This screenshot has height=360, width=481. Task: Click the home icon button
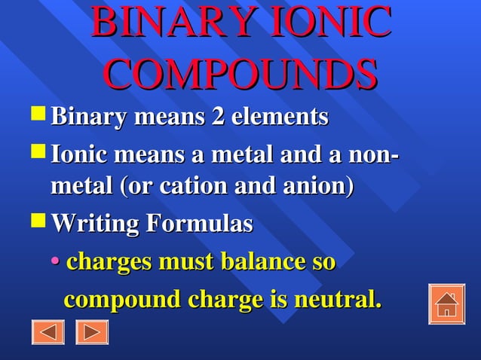tap(446, 304)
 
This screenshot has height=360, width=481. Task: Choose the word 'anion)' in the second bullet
tap(320, 185)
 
